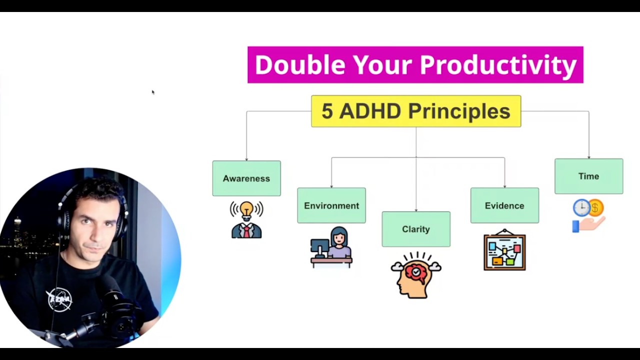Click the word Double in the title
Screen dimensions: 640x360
(300, 65)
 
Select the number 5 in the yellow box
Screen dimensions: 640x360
(327, 111)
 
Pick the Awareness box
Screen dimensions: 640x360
(246, 178)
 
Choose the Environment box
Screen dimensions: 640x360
(331, 205)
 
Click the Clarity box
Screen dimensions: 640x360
(416, 229)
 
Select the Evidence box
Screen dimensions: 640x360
(505, 205)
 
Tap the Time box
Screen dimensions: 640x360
(589, 176)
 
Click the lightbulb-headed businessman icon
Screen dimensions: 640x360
(246, 219)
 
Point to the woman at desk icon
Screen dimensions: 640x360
(331, 247)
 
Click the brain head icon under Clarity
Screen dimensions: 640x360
(416, 275)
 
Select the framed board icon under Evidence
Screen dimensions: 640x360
(505, 249)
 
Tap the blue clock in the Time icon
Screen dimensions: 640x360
(581, 207)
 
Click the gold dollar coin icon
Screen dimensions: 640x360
(595, 207)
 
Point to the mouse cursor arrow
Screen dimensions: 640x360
(153, 92)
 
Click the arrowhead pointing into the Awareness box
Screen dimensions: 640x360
(246, 159)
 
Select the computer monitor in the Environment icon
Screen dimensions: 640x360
(319, 247)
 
